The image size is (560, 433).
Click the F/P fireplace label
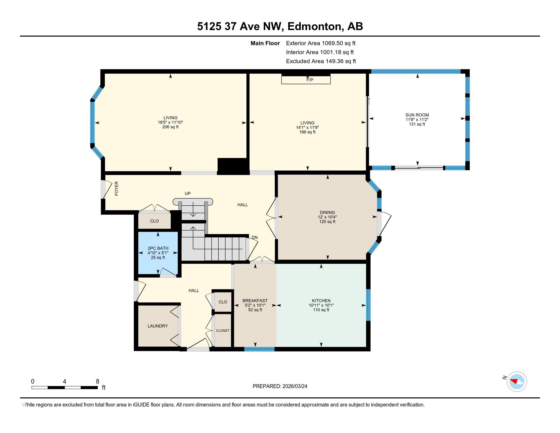coord(310,80)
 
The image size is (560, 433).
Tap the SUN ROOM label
coord(417,115)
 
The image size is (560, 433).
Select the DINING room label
coord(327,212)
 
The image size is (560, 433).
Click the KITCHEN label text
coord(321,301)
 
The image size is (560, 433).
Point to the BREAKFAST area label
coord(255,301)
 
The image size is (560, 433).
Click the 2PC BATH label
coord(158,248)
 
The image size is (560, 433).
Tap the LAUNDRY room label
coord(158,326)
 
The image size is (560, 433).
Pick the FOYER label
coord(117,188)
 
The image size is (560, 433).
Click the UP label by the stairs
coord(188,193)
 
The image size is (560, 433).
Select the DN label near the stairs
coord(254,238)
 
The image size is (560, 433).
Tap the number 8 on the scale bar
coord(97,382)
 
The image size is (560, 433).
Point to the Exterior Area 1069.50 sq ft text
coord(321,43)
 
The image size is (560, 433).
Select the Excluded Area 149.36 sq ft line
coord(321,61)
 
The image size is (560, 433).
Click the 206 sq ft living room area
coord(171,127)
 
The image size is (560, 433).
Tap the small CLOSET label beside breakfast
coord(223,330)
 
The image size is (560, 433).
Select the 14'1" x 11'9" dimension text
coord(307,128)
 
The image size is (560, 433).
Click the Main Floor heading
coord(265,43)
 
